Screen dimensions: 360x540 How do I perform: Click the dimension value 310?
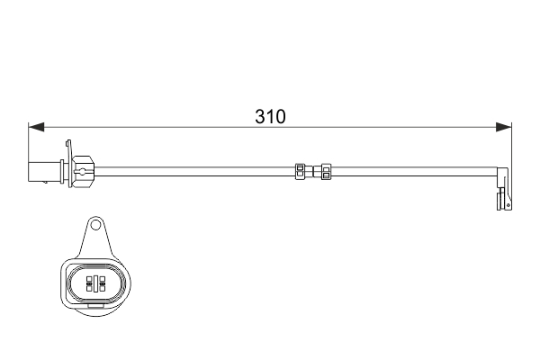tap(270, 117)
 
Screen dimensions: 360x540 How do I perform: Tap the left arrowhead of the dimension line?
tap(35, 126)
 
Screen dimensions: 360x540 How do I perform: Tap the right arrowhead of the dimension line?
tap(505, 126)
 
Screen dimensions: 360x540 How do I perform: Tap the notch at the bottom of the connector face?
tap(94, 306)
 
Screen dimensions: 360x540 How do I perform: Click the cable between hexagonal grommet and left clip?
tap(189, 168)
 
